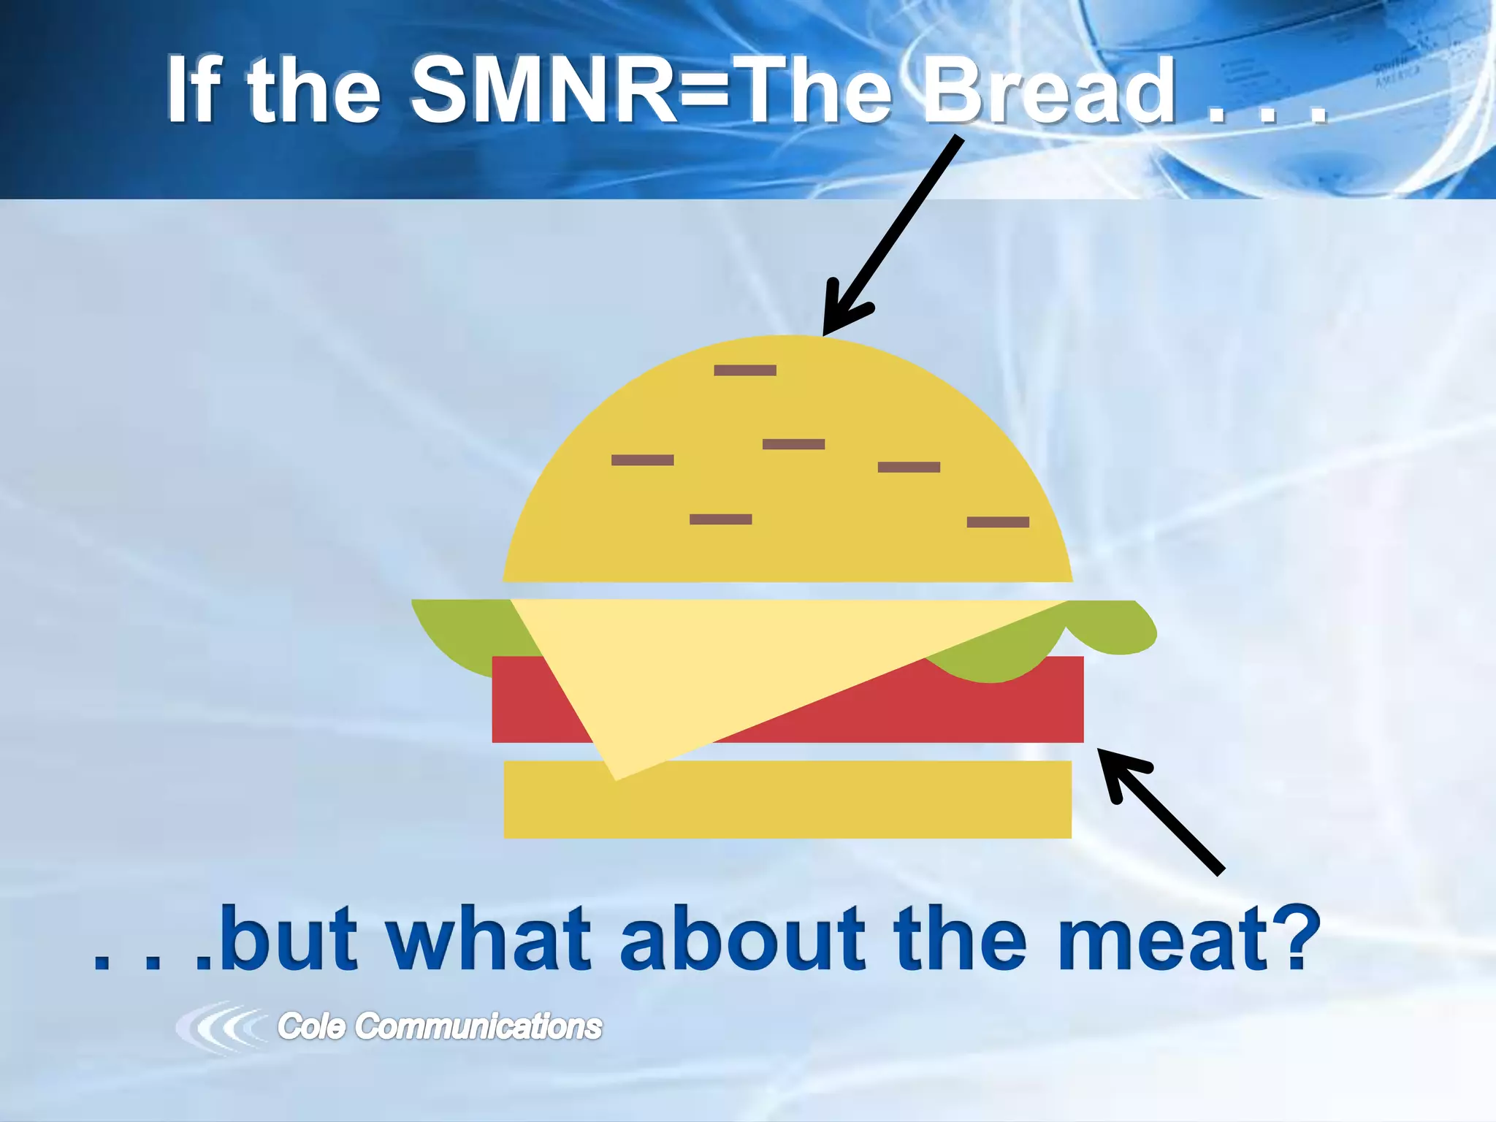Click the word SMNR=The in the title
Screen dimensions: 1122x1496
pyautogui.click(x=650, y=91)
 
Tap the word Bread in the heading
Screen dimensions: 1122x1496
pyautogui.click(x=1048, y=91)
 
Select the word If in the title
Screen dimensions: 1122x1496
pyautogui.click(x=193, y=91)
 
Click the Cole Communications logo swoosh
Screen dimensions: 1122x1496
pyautogui.click(x=219, y=1026)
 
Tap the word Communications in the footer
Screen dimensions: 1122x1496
pyautogui.click(x=478, y=1026)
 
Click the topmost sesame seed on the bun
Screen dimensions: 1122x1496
pyautogui.click(x=745, y=370)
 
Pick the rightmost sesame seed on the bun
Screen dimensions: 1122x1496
pyautogui.click(x=998, y=522)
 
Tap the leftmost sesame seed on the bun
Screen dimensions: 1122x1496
pyautogui.click(x=642, y=460)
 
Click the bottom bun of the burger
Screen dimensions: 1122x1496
pyautogui.click(x=787, y=800)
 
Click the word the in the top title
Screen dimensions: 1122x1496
pyautogui.click(x=314, y=91)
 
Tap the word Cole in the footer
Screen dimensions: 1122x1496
pyautogui.click(x=311, y=1026)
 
